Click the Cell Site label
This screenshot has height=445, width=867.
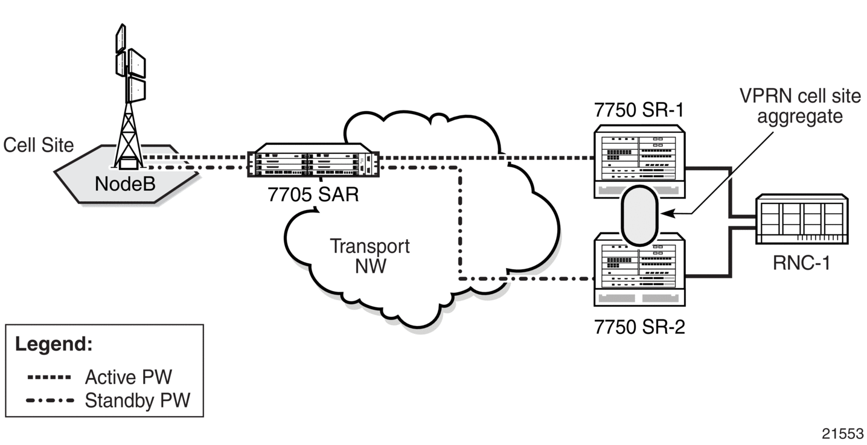coord(38,145)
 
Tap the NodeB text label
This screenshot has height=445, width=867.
coord(125,184)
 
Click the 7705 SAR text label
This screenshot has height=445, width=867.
coord(313,194)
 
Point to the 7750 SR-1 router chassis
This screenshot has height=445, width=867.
coord(639,161)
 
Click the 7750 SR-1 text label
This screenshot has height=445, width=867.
coord(639,110)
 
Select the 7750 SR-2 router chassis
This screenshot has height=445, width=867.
coord(639,269)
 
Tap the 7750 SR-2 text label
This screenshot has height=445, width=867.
coord(639,327)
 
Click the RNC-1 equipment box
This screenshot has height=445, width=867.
coord(802,219)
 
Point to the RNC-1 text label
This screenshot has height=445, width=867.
coord(802,263)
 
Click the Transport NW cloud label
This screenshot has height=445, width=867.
coord(370,256)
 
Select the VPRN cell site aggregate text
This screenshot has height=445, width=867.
coord(800,106)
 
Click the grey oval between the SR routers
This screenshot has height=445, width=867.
coord(639,216)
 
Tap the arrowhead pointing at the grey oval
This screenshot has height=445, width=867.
coord(668,213)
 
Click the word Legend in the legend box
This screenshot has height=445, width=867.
coord(54,344)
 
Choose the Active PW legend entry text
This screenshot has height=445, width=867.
coord(129,377)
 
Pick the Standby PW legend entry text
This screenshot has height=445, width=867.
coord(138,400)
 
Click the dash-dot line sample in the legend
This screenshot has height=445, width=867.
coord(50,400)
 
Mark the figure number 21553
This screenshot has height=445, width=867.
coord(842,434)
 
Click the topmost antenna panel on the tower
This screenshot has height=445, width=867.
coord(121,38)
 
